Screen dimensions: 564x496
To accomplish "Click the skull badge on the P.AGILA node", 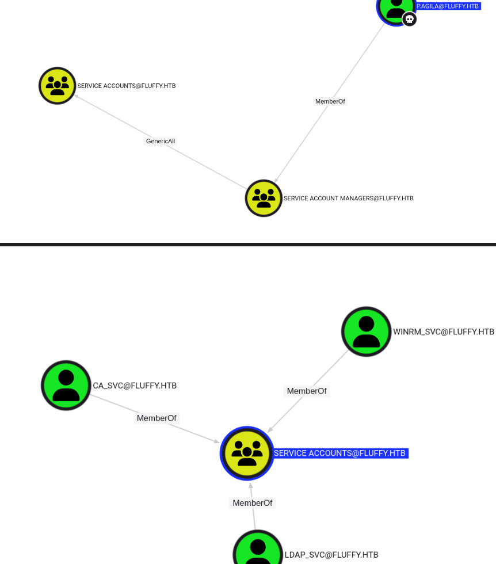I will coord(409,19).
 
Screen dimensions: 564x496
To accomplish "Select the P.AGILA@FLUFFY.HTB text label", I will coord(448,6).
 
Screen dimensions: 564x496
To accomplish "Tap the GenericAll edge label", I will coord(161,141).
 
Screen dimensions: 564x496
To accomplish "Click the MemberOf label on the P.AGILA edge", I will coord(330,101).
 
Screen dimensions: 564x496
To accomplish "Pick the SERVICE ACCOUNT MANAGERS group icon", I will coord(264,198).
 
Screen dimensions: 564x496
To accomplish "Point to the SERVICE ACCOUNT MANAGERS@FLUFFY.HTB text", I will coord(348,199).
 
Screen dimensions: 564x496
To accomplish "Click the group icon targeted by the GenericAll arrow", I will coord(58,86).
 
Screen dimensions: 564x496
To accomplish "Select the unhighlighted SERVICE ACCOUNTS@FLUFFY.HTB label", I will coord(126,86).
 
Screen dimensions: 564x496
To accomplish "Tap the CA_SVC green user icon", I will coord(66,385).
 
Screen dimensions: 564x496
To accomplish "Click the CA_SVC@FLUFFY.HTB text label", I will coord(135,386).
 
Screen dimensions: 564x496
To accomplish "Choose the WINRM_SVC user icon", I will coord(366,331).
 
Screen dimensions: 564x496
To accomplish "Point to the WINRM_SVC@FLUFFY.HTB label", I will coord(444,332).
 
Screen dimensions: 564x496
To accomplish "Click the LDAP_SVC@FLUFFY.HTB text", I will coord(331,555).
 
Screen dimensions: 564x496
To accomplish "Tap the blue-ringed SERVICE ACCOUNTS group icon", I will coord(247,453).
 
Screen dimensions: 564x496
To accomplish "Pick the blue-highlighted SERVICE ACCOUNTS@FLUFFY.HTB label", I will coord(340,454).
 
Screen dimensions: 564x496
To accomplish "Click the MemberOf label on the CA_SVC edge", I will coord(157,418).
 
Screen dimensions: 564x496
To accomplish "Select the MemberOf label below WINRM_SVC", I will coord(307,391).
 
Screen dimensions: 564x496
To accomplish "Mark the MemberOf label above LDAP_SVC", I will coord(252,503).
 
